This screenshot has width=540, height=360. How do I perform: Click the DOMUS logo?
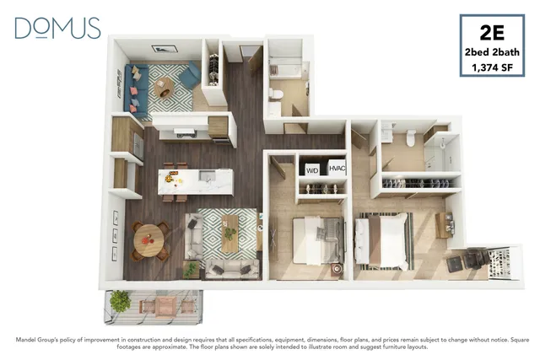pyautogui.click(x=57, y=28)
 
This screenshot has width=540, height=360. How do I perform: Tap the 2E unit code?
pyautogui.click(x=492, y=33)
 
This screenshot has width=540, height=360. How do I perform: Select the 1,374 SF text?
pyautogui.click(x=492, y=67)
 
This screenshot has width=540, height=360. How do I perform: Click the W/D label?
pyautogui.click(x=312, y=170)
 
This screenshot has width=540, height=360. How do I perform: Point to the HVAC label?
pyautogui.click(x=337, y=169)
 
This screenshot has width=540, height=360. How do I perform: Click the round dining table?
pyautogui.click(x=149, y=240)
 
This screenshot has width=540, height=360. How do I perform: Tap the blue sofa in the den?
pyautogui.click(x=136, y=89)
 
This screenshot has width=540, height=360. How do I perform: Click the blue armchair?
pyautogui.click(x=191, y=75)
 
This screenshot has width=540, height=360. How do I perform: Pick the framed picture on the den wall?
pyautogui.click(x=165, y=49)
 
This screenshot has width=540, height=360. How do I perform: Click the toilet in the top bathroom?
pyautogui.click(x=276, y=94)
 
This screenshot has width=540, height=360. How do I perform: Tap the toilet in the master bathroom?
pyautogui.click(x=411, y=137)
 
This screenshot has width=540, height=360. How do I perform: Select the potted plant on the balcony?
pyautogui.click(x=120, y=301)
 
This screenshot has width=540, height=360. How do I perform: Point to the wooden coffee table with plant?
pyautogui.click(x=230, y=234)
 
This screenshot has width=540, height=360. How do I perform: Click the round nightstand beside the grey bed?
pyautogui.click(x=337, y=269)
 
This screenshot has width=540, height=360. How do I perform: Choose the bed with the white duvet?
pyautogui.click(x=382, y=242)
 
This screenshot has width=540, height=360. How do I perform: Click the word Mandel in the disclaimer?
pyautogui.click(x=26, y=340)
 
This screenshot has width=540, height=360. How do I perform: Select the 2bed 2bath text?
pyautogui.click(x=492, y=52)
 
